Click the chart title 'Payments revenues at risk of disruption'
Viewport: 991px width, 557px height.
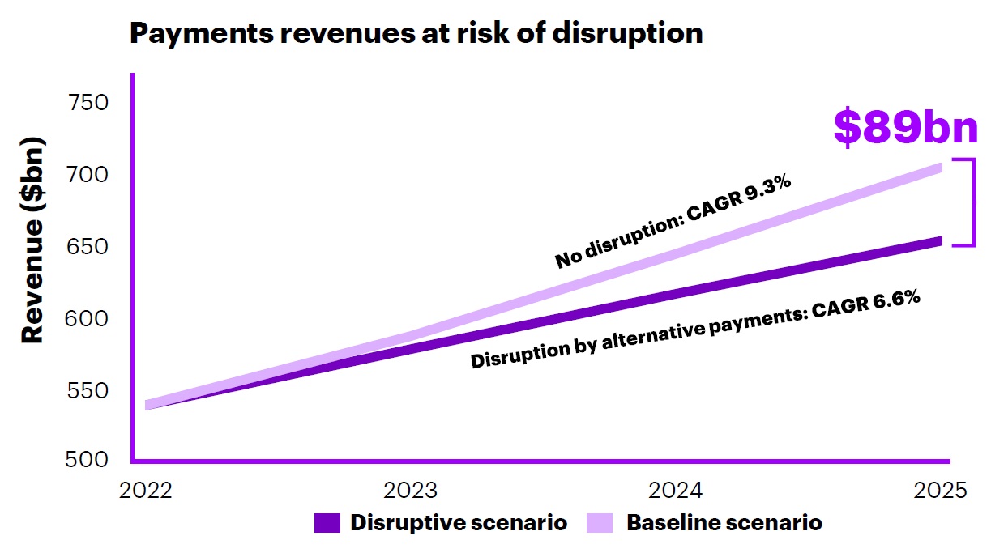pyautogui.click(x=416, y=33)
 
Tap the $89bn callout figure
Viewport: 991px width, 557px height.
pyautogui.click(x=905, y=129)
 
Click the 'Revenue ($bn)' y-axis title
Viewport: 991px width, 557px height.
pyautogui.click(x=32, y=240)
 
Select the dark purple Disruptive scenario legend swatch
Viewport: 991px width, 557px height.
pyautogui.click(x=326, y=523)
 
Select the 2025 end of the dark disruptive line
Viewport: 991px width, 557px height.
pyautogui.click(x=938, y=241)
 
